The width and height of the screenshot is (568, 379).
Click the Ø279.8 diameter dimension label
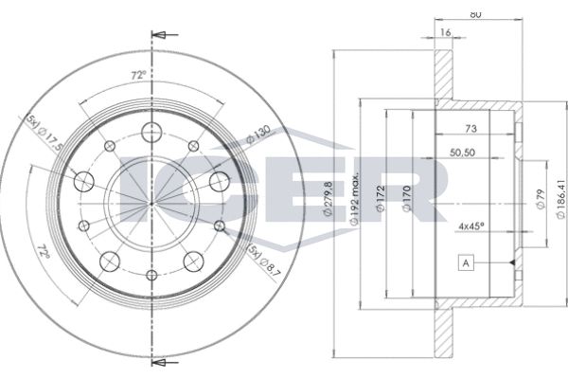point(328,199)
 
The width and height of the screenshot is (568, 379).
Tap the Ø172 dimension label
point(380,198)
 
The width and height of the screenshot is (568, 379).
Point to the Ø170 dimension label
point(407,198)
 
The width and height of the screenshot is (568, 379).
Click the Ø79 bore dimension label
point(541,199)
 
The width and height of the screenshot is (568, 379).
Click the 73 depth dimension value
point(470,129)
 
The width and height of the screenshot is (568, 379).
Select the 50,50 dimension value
point(462,153)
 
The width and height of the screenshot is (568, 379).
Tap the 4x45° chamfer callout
point(471,226)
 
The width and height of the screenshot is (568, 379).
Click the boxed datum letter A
point(466,263)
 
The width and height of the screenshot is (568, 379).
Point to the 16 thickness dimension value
point(445,32)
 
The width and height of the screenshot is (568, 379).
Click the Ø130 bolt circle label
point(258,134)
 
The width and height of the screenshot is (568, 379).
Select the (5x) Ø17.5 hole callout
point(44,133)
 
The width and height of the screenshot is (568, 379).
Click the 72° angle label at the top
point(138,76)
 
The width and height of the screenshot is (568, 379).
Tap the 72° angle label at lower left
point(44,251)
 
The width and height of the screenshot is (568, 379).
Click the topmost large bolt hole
point(151,133)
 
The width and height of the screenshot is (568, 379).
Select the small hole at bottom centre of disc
point(152,275)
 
